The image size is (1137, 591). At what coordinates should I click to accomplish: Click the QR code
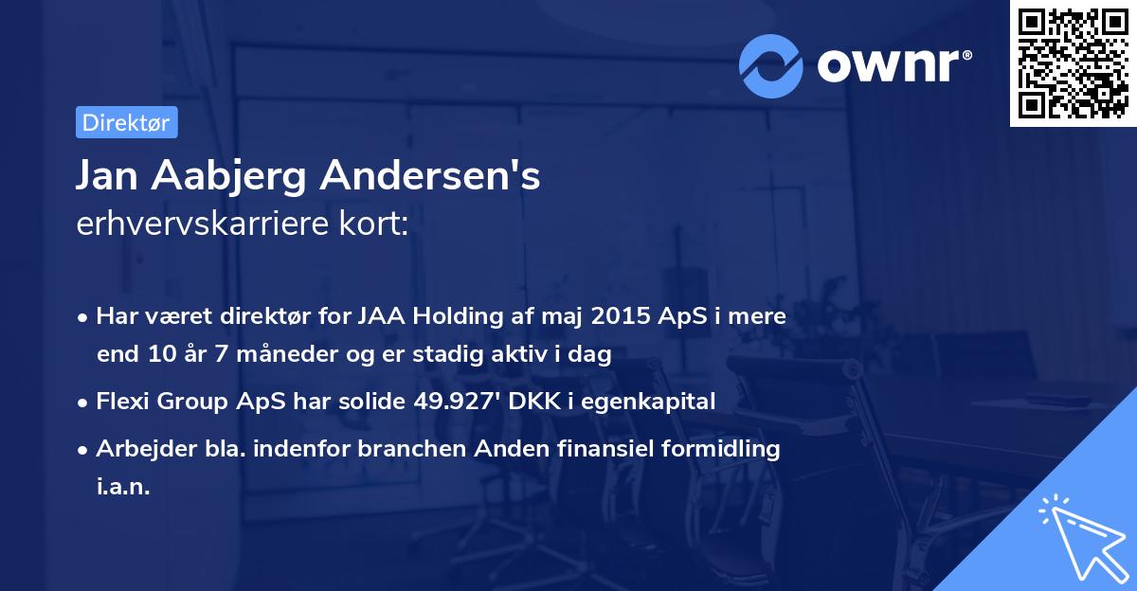[x=1073, y=63]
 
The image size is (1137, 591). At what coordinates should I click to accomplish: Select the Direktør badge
[x=126, y=123]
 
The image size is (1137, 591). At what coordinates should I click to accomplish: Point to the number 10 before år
[x=156, y=355]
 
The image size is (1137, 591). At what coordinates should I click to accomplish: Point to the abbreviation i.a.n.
[x=123, y=488]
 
